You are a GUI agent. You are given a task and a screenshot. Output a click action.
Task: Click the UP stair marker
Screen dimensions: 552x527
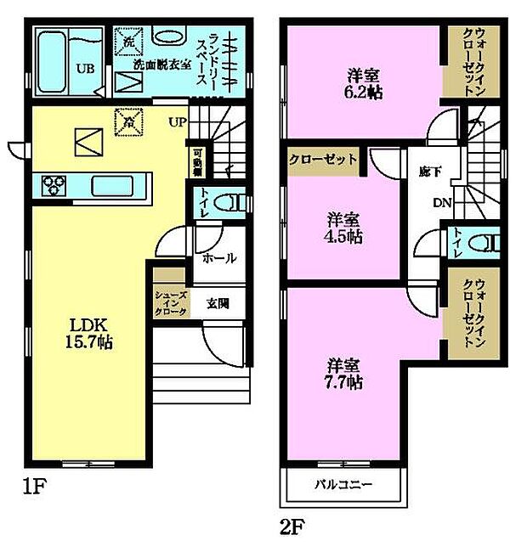[177, 122]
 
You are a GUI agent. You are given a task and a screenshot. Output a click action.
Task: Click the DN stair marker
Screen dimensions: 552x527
[441, 203]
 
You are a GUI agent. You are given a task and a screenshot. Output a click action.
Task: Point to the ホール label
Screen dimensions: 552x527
[219, 258]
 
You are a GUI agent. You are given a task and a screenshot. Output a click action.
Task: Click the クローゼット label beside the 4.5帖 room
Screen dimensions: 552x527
[322, 159]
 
